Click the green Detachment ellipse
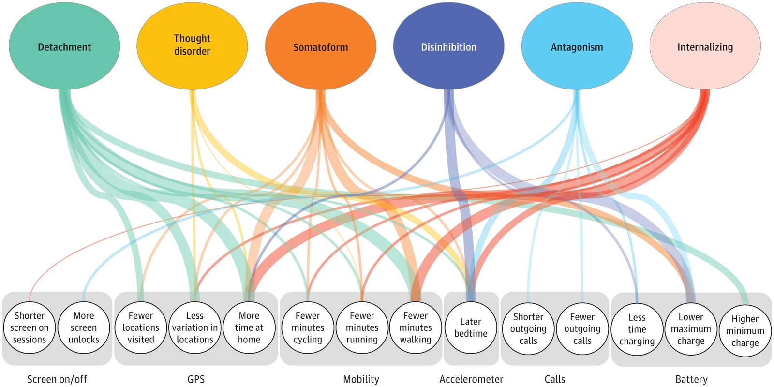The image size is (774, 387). click(64, 46)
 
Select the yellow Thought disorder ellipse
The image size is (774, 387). click(192, 45)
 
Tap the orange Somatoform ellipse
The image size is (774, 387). click(320, 46)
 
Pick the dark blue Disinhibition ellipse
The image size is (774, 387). click(448, 46)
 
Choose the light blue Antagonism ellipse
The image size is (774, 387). click(577, 46)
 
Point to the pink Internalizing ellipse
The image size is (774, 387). click(705, 46)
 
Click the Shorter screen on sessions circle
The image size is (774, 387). click(29, 327)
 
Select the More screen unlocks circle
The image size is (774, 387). click(84, 327)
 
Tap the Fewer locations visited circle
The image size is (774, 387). click(141, 327)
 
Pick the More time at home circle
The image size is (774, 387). click(249, 327)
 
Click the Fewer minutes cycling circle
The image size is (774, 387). click(308, 327)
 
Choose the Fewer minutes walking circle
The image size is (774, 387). click(416, 327)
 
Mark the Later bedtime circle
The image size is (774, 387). click(471, 327)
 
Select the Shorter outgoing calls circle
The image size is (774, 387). click(528, 329)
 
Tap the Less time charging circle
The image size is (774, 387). click(637, 329)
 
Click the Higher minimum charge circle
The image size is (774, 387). click(745, 330)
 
